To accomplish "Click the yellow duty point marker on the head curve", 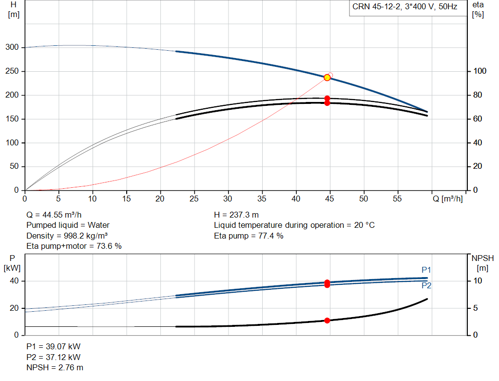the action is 327,78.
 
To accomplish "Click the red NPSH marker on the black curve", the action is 327,321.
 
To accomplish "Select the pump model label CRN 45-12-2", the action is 376,7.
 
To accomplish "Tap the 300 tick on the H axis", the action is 12,47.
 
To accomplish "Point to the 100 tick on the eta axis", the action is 480,71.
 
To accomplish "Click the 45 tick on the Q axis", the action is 329,199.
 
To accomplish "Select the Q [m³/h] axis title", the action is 447,199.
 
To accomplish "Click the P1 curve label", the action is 426,270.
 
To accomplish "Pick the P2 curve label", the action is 426,285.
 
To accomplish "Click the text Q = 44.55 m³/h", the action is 54,215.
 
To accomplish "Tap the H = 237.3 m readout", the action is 236,215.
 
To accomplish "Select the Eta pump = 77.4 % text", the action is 249,236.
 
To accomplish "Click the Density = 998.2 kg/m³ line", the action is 67,236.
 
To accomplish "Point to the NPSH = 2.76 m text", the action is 55,368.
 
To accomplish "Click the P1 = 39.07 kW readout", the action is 54,346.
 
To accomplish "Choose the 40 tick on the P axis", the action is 14,281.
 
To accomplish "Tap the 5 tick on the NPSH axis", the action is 476,308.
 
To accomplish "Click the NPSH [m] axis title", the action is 482,263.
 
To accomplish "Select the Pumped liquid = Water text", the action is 68,225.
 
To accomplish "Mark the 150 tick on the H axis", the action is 12,119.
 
